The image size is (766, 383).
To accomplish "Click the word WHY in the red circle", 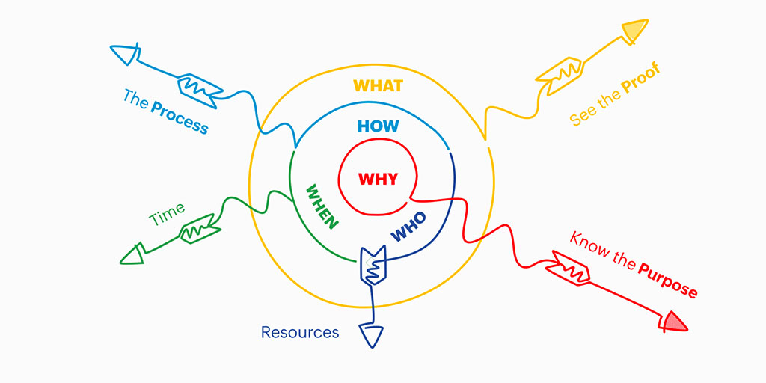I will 379,180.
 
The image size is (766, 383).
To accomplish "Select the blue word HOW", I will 379,126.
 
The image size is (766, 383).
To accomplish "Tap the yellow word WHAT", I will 378,85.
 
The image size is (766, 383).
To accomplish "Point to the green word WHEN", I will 322,206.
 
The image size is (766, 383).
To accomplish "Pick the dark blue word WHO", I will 408,227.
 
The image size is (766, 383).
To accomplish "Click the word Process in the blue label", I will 180,117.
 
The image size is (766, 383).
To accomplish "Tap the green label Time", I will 167,215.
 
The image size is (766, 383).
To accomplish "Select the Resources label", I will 300,332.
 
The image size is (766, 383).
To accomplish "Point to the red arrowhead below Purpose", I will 674,321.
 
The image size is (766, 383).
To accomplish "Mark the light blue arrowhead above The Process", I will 123,55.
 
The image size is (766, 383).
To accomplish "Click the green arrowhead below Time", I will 132,255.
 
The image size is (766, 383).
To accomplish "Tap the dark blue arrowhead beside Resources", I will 371,335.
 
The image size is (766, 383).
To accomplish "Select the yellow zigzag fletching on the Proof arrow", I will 560,71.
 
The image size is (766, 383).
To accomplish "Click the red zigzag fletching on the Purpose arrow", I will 572,269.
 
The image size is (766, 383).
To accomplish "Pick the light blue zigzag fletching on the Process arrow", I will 198,85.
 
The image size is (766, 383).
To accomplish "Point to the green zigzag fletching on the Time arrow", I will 197,227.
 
